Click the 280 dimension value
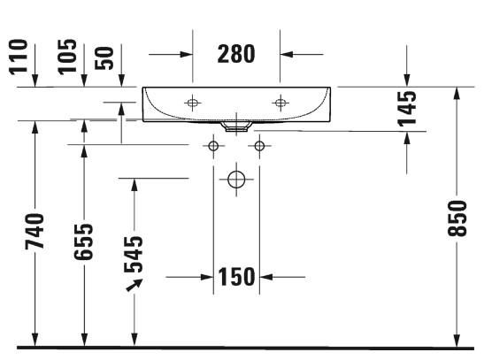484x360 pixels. click(236, 54)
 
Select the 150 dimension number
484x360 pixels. click(236, 277)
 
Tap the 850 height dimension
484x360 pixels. click(457, 218)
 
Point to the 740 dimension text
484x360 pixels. click(35, 231)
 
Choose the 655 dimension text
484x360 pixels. click(83, 241)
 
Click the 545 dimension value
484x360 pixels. click(134, 254)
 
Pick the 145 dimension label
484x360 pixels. click(407, 109)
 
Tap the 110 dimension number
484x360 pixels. click(19, 57)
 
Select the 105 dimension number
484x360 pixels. click(67, 57)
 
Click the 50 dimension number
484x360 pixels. click(104, 58)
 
